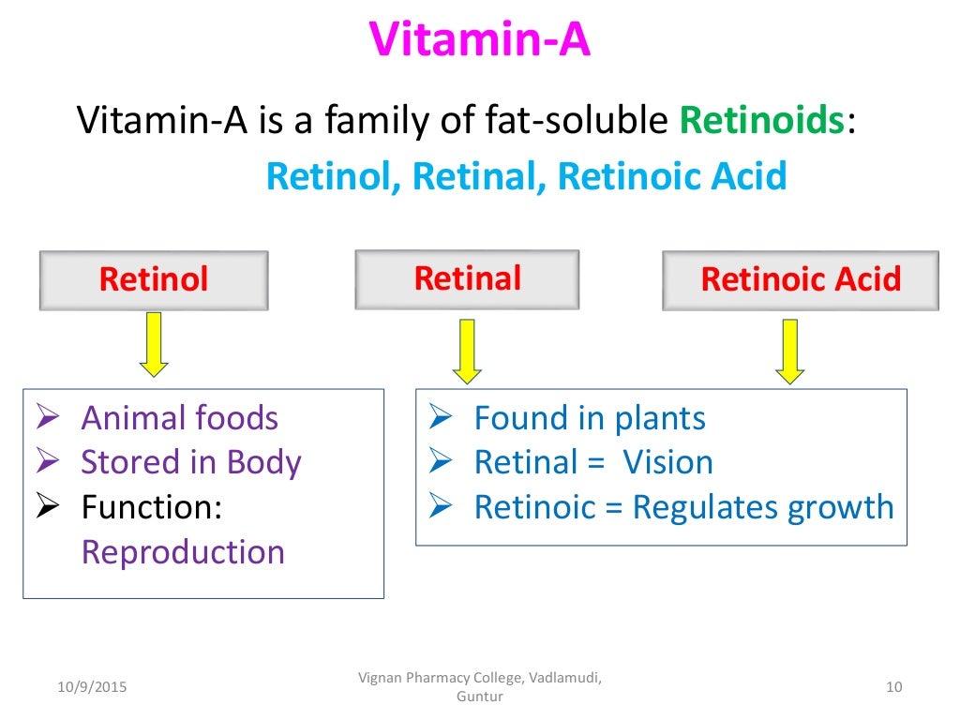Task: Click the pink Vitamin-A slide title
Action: pos(479,39)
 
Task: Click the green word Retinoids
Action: pos(761,121)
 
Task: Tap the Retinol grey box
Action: pos(154,279)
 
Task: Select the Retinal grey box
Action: pos(467,278)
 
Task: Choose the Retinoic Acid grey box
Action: pos(801,279)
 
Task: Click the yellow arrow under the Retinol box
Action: pos(154,344)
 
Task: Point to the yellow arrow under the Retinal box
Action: pos(467,351)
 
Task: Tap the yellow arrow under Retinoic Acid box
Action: pos(790,351)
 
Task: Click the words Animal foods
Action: pos(179,417)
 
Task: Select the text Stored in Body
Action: pos(190,462)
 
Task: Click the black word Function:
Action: pos(151,507)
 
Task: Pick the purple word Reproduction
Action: pos(183,551)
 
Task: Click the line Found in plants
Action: pos(589,417)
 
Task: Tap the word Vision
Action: pos(667,462)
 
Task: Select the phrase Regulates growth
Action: pos(763,507)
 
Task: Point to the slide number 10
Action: pos(892,688)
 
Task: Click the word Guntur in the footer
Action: pos(479,697)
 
